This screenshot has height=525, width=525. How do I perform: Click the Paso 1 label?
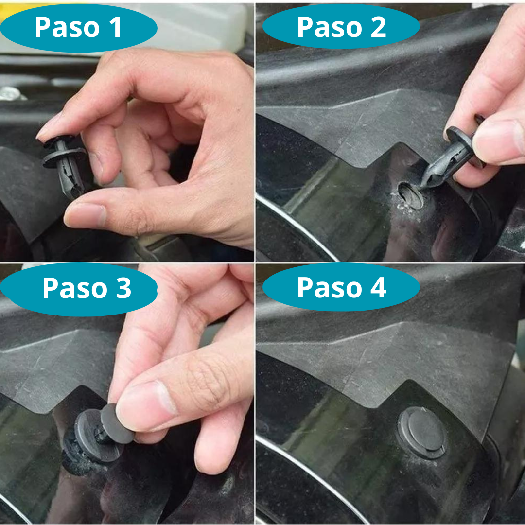coord(78,28)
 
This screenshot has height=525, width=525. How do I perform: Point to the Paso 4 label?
coord(341,288)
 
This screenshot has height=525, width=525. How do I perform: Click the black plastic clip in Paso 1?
coord(64,163)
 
